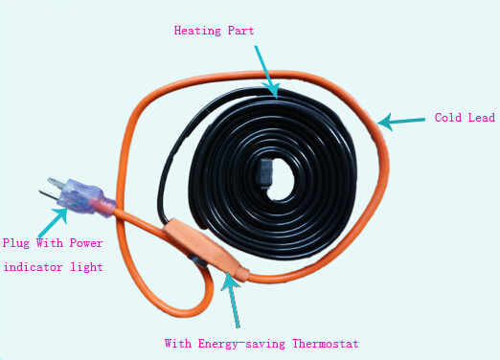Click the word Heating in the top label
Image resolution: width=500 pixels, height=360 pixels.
click(197, 31)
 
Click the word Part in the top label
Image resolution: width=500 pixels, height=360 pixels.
click(241, 31)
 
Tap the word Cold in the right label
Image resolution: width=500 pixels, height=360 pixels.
click(448, 118)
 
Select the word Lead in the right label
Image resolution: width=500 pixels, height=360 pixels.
click(482, 118)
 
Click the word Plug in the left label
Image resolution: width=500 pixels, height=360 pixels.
click(16, 243)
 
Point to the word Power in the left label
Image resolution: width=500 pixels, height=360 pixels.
click(86, 243)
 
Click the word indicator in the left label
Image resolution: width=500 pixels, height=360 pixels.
click(33, 267)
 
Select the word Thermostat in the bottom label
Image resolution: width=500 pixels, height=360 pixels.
click(326, 344)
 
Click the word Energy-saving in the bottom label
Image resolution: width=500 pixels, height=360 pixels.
click(241, 344)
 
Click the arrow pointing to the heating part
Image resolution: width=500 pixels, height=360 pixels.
click(266, 72)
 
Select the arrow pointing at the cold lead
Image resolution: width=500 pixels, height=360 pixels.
click(401, 122)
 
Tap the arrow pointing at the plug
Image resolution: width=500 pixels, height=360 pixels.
click(53, 223)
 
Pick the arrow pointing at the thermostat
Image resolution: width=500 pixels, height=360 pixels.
click(232, 299)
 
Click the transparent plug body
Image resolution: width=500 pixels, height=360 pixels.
click(77, 194)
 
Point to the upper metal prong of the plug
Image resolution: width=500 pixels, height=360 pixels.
click(56, 182)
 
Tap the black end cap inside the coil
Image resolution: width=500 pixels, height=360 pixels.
click(265, 173)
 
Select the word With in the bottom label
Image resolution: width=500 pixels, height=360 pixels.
click(178, 344)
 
